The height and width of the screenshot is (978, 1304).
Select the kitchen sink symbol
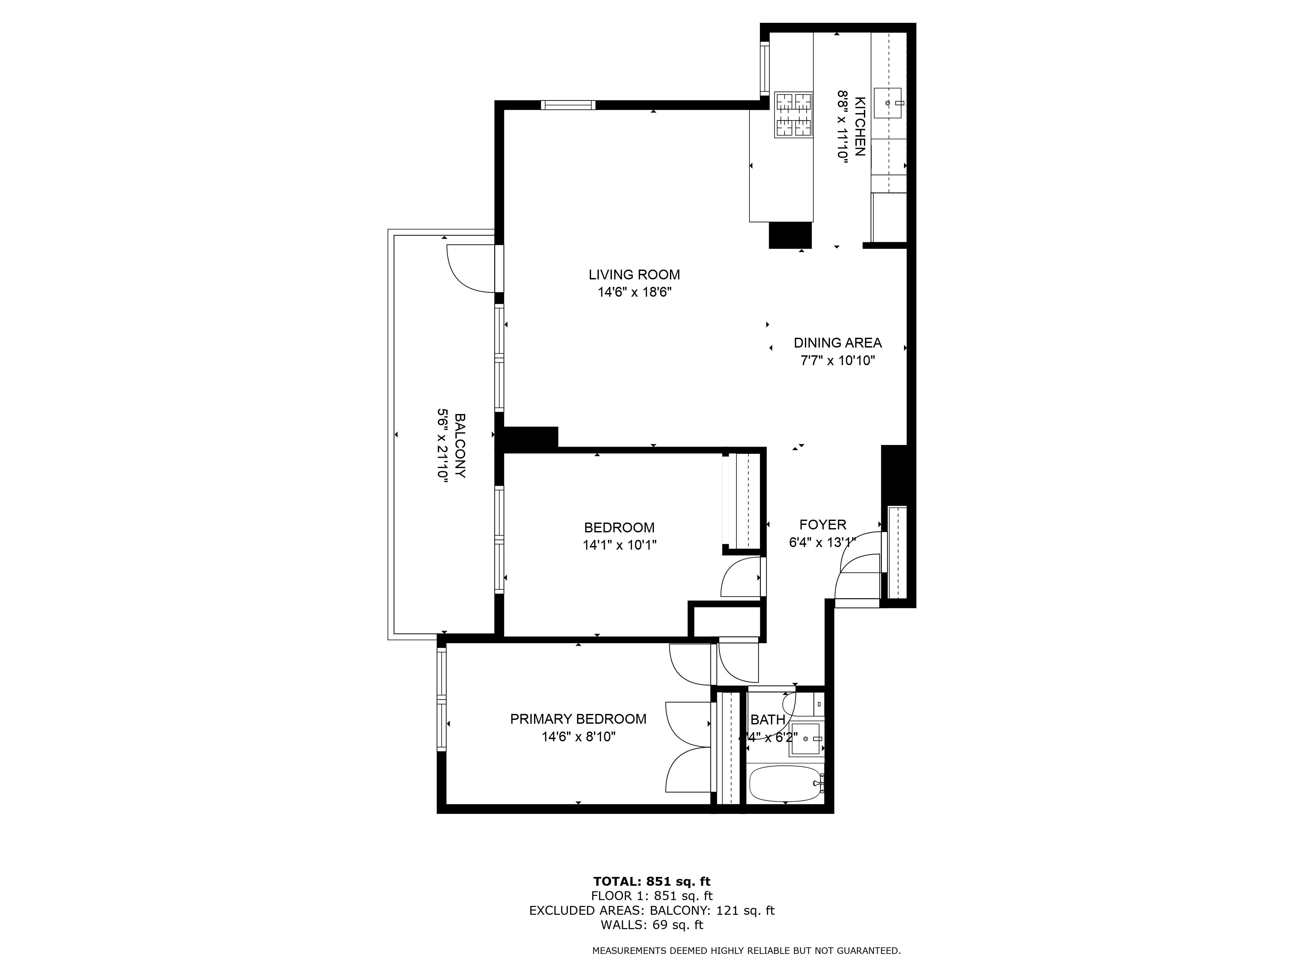(887, 103)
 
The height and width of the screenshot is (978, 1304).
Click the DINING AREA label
(837, 343)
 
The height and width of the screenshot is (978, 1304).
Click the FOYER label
(822, 525)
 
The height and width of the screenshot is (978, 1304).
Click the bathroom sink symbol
(805, 739)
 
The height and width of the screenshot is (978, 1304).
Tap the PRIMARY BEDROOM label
(578, 719)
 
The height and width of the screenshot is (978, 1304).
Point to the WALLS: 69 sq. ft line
(651, 925)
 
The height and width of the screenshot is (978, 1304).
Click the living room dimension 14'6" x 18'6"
(634, 292)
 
